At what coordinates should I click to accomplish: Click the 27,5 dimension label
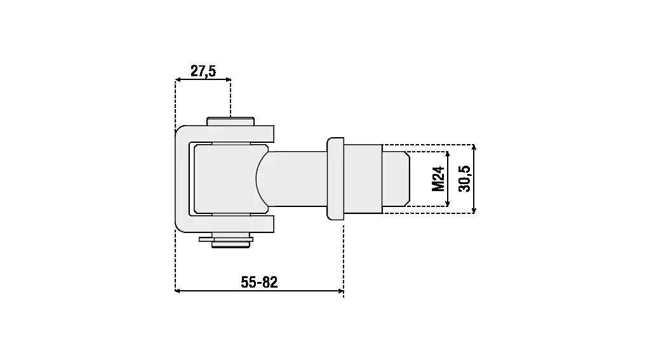pyautogui.click(x=203, y=71)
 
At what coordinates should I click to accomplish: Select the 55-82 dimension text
pyautogui.click(x=259, y=282)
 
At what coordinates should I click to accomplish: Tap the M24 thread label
pyautogui.click(x=438, y=179)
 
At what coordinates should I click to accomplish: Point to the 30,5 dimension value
pyautogui.click(x=464, y=179)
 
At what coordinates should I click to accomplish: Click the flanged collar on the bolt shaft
pyautogui.click(x=335, y=179)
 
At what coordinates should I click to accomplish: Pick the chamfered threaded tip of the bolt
pyautogui.click(x=396, y=179)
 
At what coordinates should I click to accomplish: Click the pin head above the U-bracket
pyautogui.click(x=231, y=121)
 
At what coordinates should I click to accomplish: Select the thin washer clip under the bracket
pyautogui.click(x=226, y=239)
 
